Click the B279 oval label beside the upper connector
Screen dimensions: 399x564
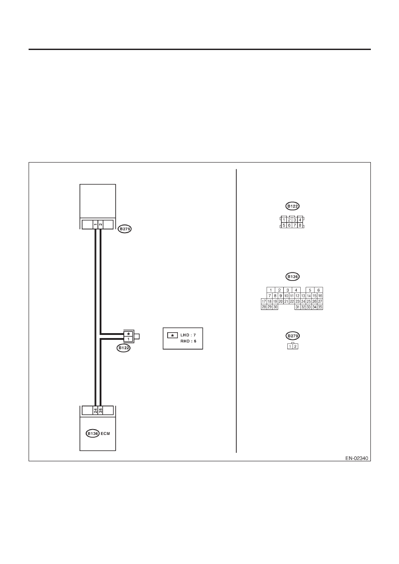pos(125,229)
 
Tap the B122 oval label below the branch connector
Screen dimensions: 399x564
pos(123,348)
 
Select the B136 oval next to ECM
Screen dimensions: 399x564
pos(92,434)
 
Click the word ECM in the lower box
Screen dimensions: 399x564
pos(105,434)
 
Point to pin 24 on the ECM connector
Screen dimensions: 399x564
pos(96,411)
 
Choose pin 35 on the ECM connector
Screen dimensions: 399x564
pos(101,411)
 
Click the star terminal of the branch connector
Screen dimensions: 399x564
pos(129,334)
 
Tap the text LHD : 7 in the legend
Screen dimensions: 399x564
pos(188,335)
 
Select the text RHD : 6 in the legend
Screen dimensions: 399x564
pos(188,342)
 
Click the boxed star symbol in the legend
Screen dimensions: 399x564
pos(172,335)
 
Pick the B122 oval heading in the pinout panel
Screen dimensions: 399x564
pos(292,206)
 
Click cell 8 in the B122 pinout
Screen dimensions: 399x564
pos(300,226)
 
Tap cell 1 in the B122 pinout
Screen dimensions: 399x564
pos(284,220)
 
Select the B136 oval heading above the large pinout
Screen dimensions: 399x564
pos(292,277)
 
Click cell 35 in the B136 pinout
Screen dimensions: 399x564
pos(320,307)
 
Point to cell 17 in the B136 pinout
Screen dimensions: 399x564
pos(264,301)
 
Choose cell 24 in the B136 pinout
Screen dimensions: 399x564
pos(303,301)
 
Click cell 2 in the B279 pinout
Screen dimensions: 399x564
pos(295,347)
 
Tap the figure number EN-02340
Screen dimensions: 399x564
pos(357,458)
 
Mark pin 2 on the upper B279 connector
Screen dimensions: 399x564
pos(101,224)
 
